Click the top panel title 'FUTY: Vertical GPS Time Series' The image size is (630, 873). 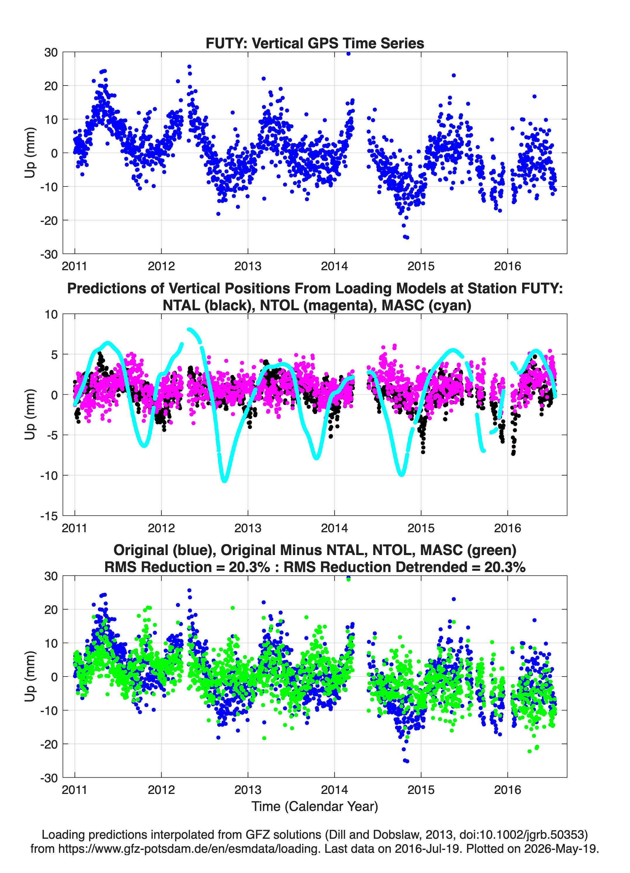(x=315, y=43)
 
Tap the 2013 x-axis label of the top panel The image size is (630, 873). (x=248, y=266)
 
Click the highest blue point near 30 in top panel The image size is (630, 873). (x=348, y=54)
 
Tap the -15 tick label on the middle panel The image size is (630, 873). (x=49, y=516)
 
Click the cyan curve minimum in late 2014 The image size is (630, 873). (x=402, y=474)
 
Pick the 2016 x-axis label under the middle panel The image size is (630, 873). (x=507, y=528)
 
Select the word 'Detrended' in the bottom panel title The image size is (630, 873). (x=442, y=567)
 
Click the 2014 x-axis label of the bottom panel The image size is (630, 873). (x=334, y=790)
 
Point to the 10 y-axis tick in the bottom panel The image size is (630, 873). (x=51, y=643)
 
